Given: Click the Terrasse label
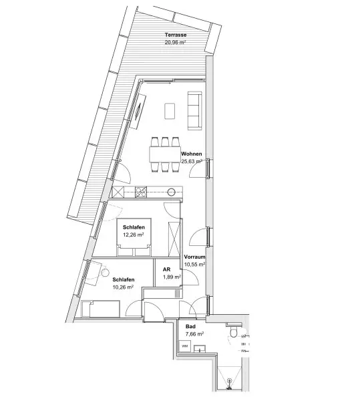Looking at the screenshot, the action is point(176,35).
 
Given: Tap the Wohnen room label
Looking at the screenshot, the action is point(192,154).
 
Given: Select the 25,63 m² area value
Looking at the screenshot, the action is point(192,161).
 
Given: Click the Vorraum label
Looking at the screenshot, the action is point(194,257).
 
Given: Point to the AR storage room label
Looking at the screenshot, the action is point(166,269).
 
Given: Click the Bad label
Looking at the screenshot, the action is point(190,327).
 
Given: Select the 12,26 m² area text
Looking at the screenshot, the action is point(133,235).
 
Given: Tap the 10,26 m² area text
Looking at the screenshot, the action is point(123,287).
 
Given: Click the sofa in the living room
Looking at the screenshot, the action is point(194,110).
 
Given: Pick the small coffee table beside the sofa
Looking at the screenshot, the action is point(170,111).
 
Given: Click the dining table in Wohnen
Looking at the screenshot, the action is point(165,154).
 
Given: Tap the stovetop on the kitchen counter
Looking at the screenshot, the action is point(141,192).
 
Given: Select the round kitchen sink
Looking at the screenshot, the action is point(172,192).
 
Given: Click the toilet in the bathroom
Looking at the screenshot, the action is point(234,331).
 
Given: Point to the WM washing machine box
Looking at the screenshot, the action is point(184,346).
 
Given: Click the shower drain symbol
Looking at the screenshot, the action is point(230,384).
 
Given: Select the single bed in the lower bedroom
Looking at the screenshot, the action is point(101,309).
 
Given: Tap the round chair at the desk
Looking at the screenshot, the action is point(104,273).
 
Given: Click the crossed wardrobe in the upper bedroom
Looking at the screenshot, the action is point(174,239).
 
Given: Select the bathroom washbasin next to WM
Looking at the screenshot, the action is point(200,349).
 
